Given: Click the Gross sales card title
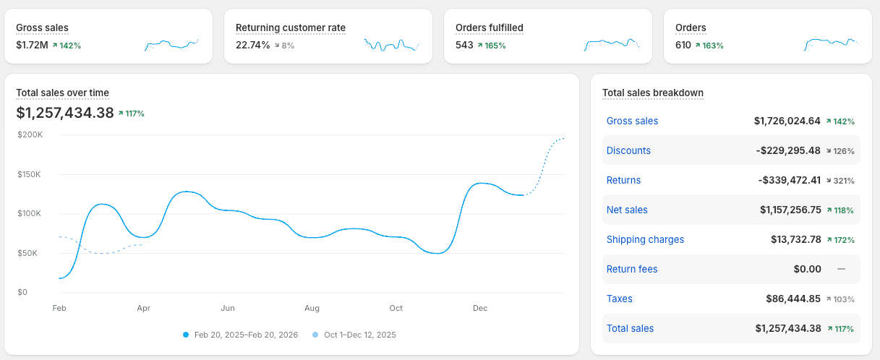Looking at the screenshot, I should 42,28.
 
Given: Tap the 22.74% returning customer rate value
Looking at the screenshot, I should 252,45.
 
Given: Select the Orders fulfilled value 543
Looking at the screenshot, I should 464,45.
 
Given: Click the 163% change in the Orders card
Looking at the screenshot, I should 712,46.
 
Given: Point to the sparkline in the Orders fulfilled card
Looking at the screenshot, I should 612,45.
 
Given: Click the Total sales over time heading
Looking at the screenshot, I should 62,93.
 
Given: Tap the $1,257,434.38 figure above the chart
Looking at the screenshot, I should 65,113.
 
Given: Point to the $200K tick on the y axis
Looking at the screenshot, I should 30,134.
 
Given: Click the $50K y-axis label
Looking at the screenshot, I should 30,253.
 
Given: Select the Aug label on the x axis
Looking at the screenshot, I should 312,308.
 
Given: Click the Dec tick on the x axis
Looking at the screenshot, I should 480,308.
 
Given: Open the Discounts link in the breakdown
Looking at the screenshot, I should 628,150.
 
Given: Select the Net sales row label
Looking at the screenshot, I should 627,210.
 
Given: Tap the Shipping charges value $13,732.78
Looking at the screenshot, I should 796,239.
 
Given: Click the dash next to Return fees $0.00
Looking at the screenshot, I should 841,269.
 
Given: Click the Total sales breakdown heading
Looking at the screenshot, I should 652,93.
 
